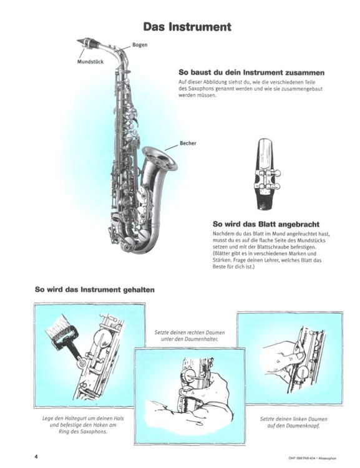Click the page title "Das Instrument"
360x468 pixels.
click(x=187, y=27)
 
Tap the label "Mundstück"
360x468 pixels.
click(x=90, y=62)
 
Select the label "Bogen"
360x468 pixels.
click(x=140, y=45)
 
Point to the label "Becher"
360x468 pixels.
click(x=188, y=144)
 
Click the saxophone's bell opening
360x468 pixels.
click(x=160, y=158)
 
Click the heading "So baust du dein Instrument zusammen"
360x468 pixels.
click(x=251, y=72)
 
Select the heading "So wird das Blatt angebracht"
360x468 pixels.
click(x=266, y=224)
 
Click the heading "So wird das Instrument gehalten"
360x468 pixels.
click(x=95, y=290)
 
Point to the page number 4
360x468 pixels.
click(x=36, y=457)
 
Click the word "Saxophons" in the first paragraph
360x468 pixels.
click(x=201, y=89)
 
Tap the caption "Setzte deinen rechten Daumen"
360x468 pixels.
click(x=190, y=332)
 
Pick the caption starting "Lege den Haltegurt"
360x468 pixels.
click(x=83, y=425)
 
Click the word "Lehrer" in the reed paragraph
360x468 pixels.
click(x=269, y=260)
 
